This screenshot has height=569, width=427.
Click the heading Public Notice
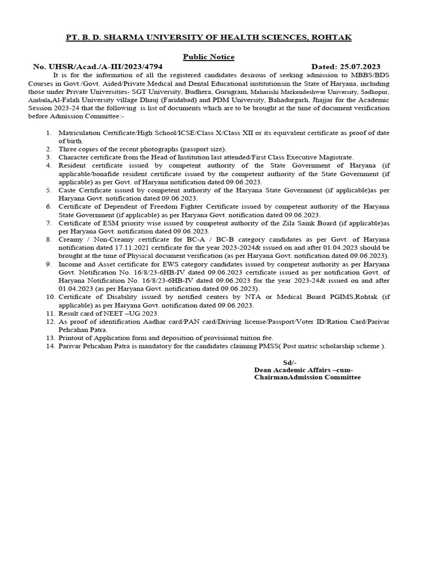(208, 57)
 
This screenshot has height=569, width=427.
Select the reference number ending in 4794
(98, 66)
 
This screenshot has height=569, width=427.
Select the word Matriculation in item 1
(81, 133)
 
